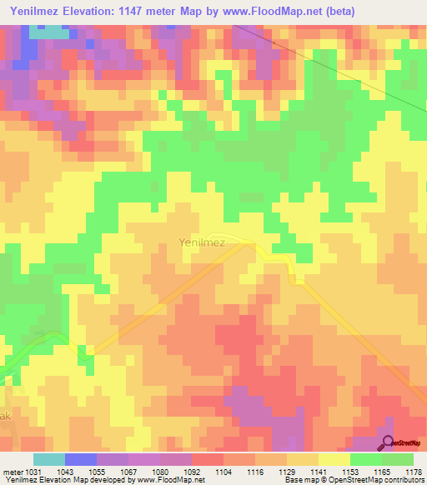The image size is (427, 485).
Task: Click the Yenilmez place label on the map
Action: (202, 243)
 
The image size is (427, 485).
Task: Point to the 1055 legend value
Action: (97, 471)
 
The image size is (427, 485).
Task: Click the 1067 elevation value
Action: (128, 471)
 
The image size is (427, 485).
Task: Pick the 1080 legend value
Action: (160, 471)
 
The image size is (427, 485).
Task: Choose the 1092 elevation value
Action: (192, 471)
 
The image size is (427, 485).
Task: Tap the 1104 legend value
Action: (224, 471)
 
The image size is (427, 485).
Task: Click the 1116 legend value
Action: (255, 471)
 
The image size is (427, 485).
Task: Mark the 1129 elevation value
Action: (287, 471)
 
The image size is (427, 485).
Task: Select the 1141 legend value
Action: (319, 471)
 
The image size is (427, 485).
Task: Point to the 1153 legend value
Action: (350, 471)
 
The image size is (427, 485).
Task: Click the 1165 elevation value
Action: (382, 471)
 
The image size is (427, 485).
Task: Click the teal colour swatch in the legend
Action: (49, 459)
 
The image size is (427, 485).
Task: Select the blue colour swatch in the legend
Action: (81, 459)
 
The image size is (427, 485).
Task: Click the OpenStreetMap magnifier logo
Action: (387, 443)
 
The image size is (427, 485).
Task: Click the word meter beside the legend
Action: (12, 471)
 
